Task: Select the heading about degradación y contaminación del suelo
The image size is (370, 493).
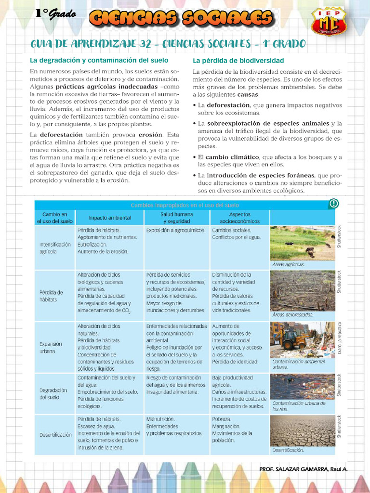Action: pos(99,60)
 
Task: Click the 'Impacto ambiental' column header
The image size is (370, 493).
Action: pos(109,218)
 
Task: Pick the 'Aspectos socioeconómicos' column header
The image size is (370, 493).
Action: pos(239,218)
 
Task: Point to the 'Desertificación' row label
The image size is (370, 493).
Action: pos(55,435)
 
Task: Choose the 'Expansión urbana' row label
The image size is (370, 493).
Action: pos(51,348)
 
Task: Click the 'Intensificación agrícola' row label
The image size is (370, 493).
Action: pos(55,247)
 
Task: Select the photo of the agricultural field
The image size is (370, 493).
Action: pos(302,243)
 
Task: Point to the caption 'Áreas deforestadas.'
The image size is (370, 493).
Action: pos(292,315)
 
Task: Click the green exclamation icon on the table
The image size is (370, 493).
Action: pos(333,204)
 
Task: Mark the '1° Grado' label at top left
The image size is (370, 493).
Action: pos(55,14)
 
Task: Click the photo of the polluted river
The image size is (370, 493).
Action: pos(302,387)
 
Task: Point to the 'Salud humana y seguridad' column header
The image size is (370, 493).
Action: pos(177,218)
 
